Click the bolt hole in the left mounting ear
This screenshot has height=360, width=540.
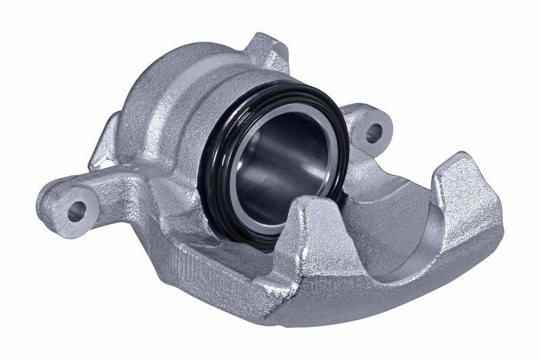coord(76,211)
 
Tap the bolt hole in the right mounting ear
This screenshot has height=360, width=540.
coord(373,132)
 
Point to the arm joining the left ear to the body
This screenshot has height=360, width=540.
coord(122,186)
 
